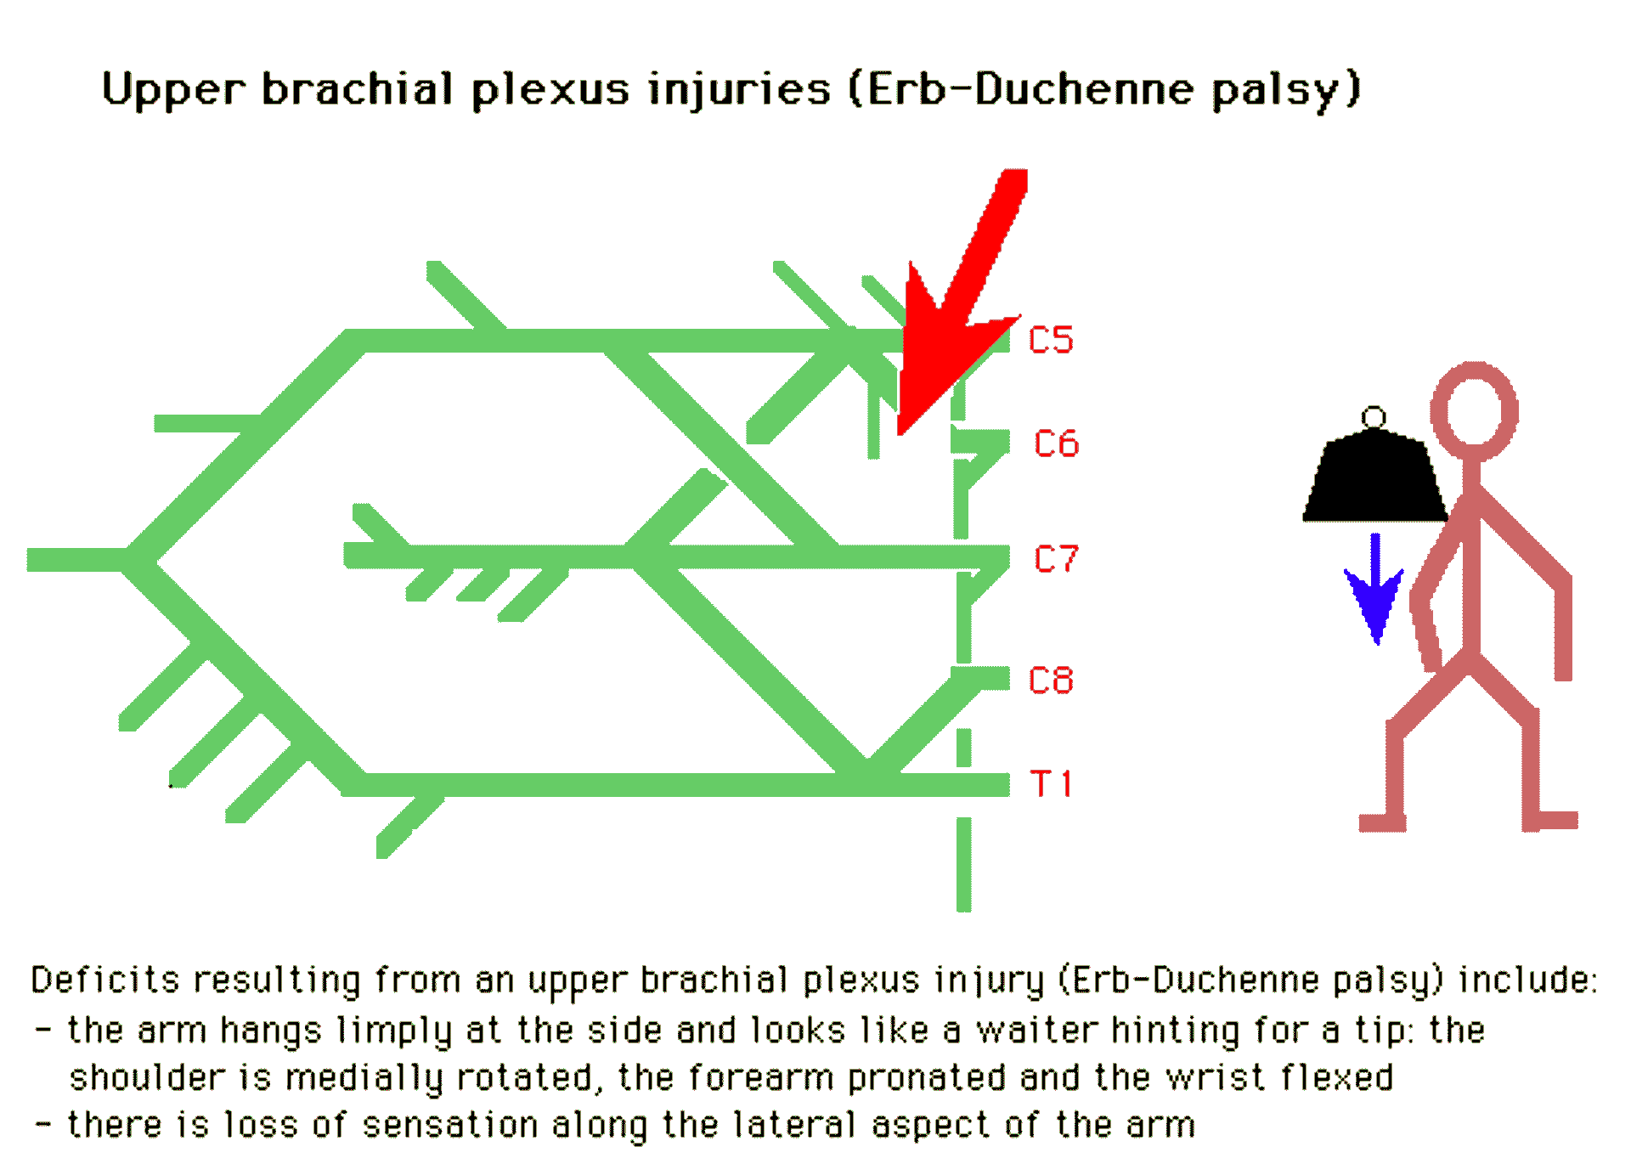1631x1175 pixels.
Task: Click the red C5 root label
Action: coord(1050,340)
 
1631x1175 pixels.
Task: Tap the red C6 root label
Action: coord(1056,443)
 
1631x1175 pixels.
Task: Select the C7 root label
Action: coord(1056,559)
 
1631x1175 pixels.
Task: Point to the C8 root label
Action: coord(1051,681)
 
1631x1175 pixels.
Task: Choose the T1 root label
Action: coord(1051,783)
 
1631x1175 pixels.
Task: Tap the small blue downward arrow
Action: coord(1375,595)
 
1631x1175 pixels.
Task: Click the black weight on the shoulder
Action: coord(1374,480)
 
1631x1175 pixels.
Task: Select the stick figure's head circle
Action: coord(1474,410)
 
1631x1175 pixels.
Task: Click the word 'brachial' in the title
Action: coord(357,89)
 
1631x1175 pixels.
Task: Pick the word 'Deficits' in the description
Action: coord(105,980)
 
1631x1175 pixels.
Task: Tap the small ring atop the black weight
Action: coord(1374,417)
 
